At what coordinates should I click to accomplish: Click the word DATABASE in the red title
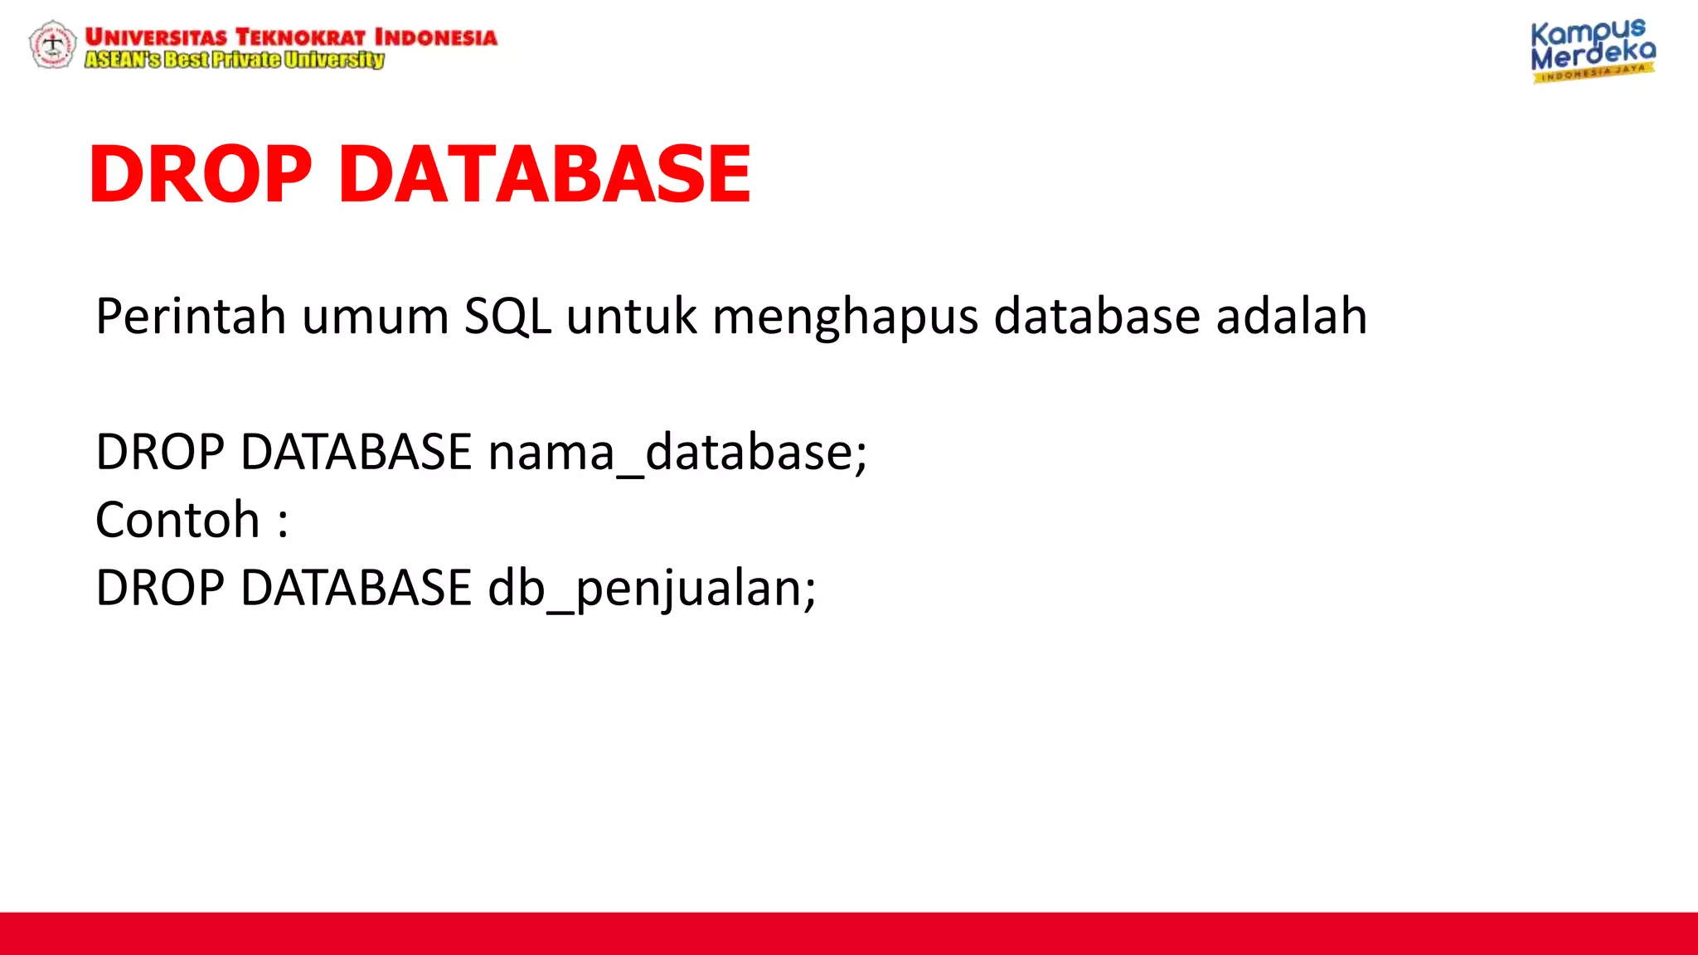pos(545,174)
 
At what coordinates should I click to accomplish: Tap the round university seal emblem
pos(52,44)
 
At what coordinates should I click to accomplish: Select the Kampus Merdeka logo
pos(1592,51)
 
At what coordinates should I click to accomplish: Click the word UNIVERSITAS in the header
pos(155,37)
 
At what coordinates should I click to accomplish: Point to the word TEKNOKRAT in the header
pos(300,37)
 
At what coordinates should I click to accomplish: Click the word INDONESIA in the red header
pos(436,37)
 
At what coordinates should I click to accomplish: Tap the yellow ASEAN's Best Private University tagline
pos(235,60)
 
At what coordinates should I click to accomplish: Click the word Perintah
pos(191,316)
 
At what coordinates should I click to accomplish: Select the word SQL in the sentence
pos(507,316)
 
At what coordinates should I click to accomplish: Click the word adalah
pos(1291,316)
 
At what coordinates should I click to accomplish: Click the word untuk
pos(631,316)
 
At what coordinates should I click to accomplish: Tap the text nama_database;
pos(677,453)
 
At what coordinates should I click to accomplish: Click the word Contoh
pos(177,520)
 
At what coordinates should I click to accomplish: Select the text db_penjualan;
pos(652,589)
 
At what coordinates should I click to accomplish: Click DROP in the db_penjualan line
pos(160,588)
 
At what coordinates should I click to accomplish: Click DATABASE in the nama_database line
pos(356,452)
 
